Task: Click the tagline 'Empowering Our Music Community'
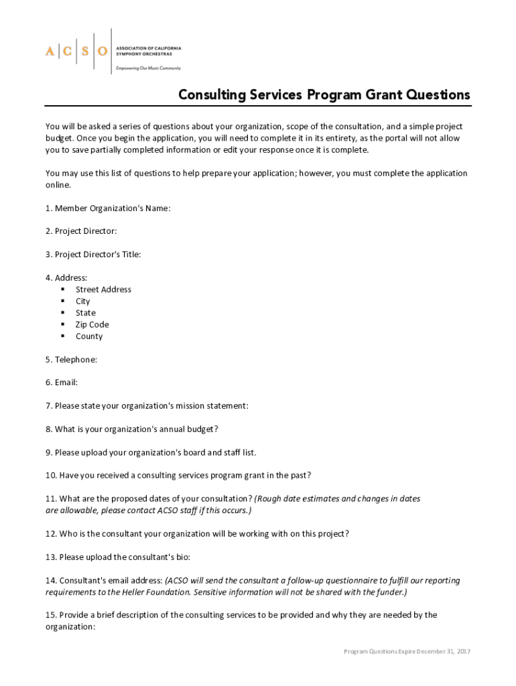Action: pos(148,68)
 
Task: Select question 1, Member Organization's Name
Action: pos(108,208)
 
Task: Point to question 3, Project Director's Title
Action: pos(93,255)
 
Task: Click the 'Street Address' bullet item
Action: pos(103,289)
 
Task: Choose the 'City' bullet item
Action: pos(82,301)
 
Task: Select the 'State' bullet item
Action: pos(85,313)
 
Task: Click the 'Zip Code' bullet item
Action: pos(92,325)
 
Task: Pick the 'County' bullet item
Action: pos(89,336)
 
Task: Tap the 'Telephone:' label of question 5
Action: pos(71,360)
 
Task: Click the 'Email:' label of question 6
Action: pos(62,383)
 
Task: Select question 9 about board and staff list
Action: pos(151,452)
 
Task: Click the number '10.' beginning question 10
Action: pos(51,476)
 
